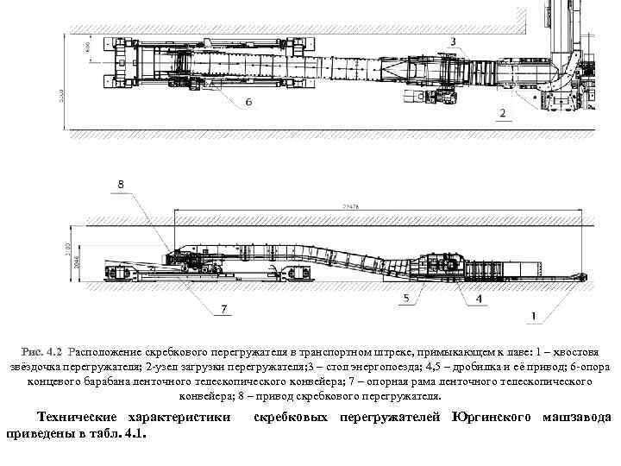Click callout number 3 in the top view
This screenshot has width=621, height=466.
click(x=454, y=41)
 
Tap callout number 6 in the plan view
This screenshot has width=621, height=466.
click(x=248, y=102)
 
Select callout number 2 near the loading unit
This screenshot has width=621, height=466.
click(x=502, y=113)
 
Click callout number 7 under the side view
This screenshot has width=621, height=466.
click(x=225, y=309)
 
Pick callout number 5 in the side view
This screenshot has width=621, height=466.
click(x=405, y=298)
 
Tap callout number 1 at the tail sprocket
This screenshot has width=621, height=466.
click(x=536, y=317)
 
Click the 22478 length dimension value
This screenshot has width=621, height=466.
click(x=350, y=207)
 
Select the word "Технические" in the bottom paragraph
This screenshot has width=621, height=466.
click(x=83, y=419)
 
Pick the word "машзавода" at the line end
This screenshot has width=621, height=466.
click(x=577, y=419)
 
